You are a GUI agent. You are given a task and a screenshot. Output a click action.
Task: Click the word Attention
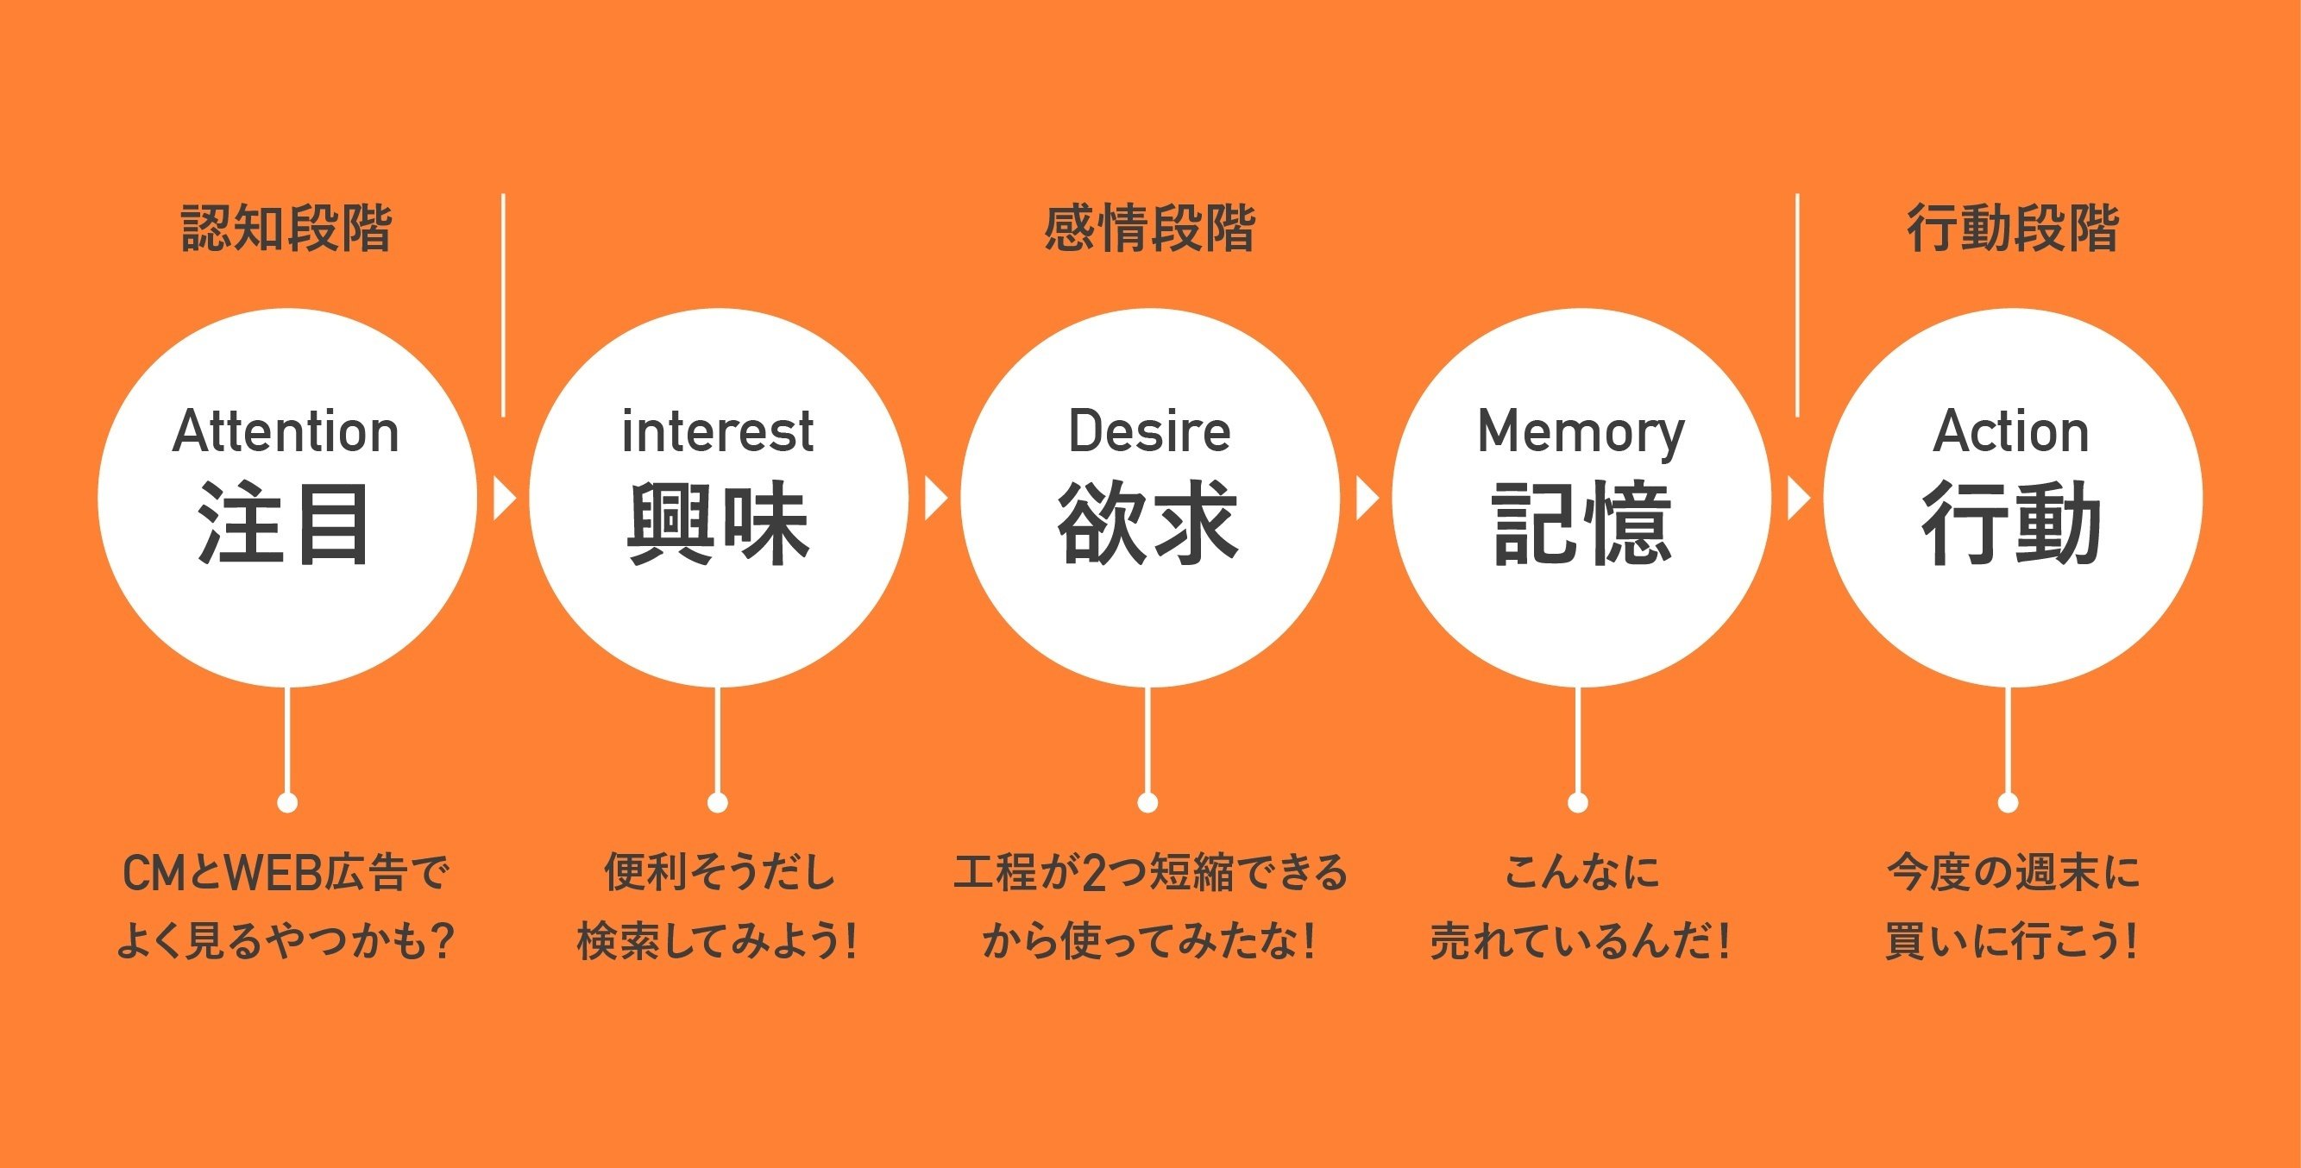tap(285, 432)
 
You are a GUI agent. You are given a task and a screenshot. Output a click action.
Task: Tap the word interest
tap(717, 432)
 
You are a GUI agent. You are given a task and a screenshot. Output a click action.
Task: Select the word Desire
tap(1149, 432)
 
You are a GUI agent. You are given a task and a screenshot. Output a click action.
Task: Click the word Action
tap(2011, 432)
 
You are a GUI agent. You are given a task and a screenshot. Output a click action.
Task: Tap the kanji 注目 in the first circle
tap(285, 524)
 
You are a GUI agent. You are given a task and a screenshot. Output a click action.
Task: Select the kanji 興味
tap(717, 524)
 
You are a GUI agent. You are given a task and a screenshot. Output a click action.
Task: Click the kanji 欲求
tap(1149, 524)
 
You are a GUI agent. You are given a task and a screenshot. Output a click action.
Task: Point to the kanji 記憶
tap(1581, 524)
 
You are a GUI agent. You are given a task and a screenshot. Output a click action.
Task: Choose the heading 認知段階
tap(286, 229)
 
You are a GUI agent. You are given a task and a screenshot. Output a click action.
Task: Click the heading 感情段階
tap(1149, 229)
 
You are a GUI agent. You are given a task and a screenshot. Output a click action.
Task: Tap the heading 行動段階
tap(2013, 229)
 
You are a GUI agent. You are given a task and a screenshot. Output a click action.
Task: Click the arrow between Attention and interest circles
tap(504, 499)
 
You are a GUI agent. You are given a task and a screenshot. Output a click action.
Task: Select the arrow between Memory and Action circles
tap(1797, 499)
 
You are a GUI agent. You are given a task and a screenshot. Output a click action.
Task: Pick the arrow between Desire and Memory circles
tap(1367, 499)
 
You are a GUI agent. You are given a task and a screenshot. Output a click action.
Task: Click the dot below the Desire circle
tap(1148, 803)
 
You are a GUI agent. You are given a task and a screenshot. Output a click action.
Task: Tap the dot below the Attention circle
tap(287, 803)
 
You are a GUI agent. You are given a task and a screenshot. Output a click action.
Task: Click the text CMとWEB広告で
tap(285, 873)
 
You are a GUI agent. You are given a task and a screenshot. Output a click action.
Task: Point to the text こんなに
tap(1581, 872)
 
